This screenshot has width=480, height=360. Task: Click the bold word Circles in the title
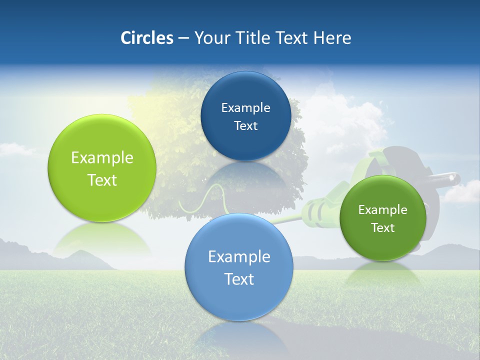[146, 38]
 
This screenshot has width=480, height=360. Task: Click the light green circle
[101, 168]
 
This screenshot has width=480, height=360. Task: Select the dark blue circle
[245, 116]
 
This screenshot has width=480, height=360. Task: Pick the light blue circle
[238, 267]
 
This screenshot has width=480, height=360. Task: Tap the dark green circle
[382, 218]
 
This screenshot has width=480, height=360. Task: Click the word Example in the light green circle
[102, 158]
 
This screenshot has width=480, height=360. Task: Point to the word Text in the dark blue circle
[245, 126]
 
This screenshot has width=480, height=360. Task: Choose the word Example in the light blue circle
[239, 257]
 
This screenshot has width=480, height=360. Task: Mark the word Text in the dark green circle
[382, 228]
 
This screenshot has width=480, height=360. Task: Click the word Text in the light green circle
[102, 180]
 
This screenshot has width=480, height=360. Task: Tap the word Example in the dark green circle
[382, 210]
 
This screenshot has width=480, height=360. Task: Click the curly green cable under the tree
[205, 200]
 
